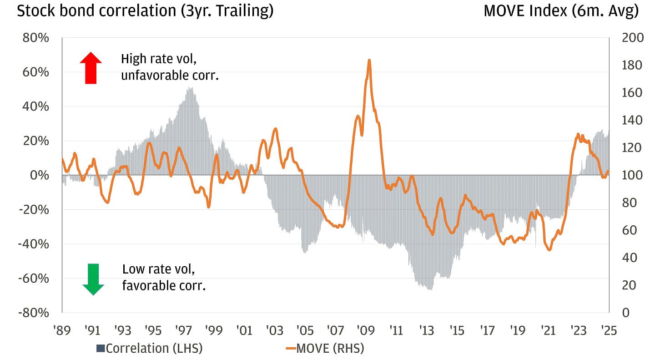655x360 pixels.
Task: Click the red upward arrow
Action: tap(91, 68)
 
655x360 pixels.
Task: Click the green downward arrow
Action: tap(93, 279)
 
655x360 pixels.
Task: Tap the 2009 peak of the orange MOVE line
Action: tap(369, 60)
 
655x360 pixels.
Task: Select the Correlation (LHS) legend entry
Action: tap(149, 348)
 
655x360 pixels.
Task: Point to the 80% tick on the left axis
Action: tap(35, 38)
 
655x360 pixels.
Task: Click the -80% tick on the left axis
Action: tap(34, 313)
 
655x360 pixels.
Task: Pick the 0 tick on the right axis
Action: tap(626, 313)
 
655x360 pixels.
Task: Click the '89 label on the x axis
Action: tap(62, 330)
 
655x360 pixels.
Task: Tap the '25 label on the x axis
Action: tap(608, 330)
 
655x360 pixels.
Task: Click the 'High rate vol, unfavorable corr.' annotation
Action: tap(170, 67)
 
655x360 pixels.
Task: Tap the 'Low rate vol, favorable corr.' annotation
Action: tap(164, 278)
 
